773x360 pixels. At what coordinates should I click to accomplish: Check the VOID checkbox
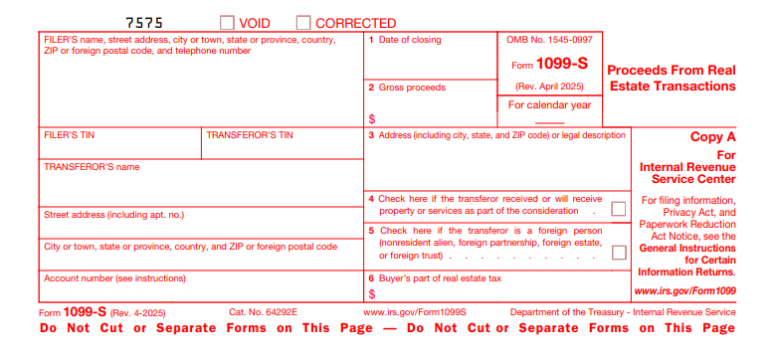click(227, 22)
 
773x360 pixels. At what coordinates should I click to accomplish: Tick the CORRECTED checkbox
click(303, 22)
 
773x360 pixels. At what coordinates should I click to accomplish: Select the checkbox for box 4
click(619, 209)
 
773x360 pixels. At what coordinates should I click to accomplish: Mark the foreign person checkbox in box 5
click(619, 252)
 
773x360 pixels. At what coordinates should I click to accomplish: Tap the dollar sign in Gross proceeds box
click(372, 118)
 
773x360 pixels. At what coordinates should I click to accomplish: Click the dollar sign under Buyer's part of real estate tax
click(372, 294)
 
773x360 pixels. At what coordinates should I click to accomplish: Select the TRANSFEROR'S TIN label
click(250, 135)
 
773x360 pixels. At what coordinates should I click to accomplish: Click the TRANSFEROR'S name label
click(92, 167)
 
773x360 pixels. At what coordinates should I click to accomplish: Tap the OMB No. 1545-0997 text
click(549, 40)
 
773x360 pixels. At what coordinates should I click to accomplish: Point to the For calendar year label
click(549, 104)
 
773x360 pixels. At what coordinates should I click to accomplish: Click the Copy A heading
click(712, 137)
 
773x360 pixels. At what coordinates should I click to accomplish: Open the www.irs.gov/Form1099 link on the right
click(685, 291)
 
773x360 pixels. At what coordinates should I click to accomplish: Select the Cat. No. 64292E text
click(264, 312)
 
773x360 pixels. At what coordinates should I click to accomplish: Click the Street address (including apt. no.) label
click(114, 214)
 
